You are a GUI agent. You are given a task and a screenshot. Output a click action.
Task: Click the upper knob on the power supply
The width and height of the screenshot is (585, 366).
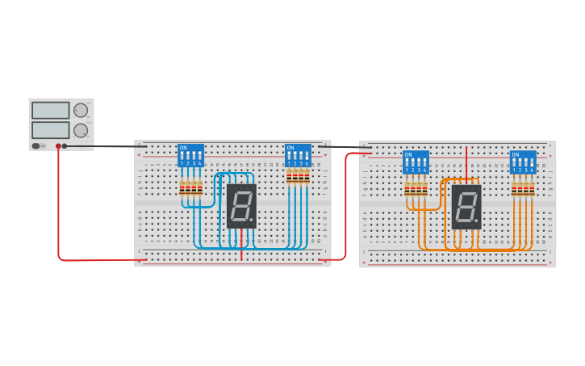81,111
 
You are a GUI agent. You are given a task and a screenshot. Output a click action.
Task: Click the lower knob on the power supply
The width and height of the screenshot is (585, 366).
81,130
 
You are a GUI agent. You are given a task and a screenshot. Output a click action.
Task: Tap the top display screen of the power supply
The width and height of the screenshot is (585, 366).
50,111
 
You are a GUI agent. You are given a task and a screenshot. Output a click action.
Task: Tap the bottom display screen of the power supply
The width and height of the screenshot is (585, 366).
50,129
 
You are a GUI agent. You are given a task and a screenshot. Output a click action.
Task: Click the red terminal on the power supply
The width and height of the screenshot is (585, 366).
58,146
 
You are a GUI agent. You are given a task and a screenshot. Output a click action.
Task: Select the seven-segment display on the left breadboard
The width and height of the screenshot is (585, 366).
241,205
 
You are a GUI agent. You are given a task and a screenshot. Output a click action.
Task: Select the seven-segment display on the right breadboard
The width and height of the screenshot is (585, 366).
466,207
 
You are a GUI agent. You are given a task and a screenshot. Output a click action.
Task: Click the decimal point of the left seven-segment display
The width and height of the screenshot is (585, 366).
251,220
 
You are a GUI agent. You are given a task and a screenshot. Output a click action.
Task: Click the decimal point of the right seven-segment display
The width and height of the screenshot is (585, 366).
476,221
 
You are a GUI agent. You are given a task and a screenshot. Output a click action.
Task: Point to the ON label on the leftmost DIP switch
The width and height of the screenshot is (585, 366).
183,148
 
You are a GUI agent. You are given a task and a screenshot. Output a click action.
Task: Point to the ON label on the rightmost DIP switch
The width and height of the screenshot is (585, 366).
516,154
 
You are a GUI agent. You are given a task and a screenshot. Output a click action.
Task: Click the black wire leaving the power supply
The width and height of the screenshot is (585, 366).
105,147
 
